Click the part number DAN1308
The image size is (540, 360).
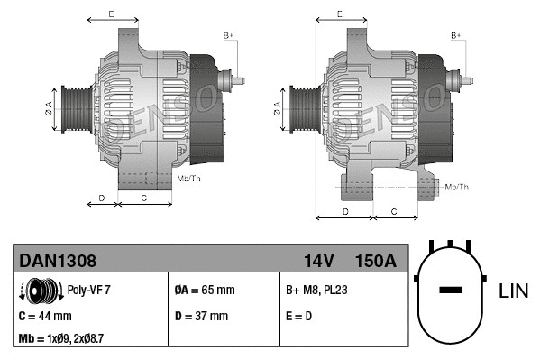click(58, 261)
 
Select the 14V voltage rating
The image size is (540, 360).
click(318, 261)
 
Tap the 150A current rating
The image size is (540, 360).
click(376, 261)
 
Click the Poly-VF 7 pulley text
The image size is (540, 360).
click(88, 291)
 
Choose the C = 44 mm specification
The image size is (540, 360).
click(45, 317)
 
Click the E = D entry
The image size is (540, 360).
click(300, 317)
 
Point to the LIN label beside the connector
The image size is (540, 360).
click(513, 291)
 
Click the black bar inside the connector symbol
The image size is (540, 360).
click(451, 291)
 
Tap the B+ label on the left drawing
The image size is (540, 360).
click(228, 35)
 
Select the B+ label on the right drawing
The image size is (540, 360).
click(456, 35)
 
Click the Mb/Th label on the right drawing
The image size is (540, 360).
click(457, 187)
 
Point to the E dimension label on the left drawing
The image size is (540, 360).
click(111, 14)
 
